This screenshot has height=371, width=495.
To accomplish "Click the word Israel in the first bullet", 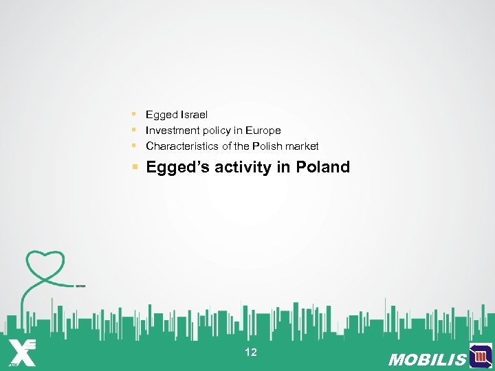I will [x=194, y=115].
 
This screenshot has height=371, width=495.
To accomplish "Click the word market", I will [x=302, y=146].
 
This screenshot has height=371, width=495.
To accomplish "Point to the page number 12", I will [x=251, y=352].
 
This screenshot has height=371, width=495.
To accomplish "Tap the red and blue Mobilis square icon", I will [x=481, y=356].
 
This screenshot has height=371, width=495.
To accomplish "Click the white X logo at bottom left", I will [x=22, y=352].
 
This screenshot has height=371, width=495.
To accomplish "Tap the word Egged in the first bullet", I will [x=161, y=115].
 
